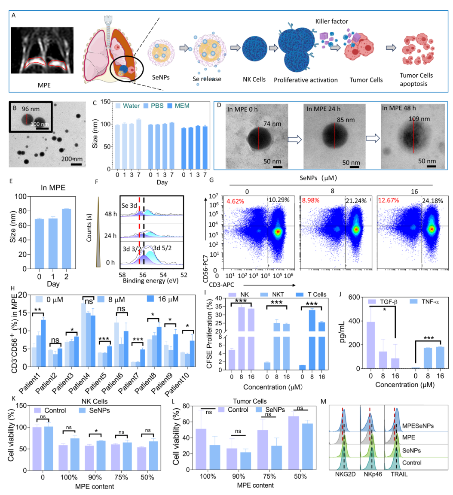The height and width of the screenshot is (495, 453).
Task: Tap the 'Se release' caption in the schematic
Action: click(207, 79)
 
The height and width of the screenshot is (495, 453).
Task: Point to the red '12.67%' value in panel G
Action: click(390, 200)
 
